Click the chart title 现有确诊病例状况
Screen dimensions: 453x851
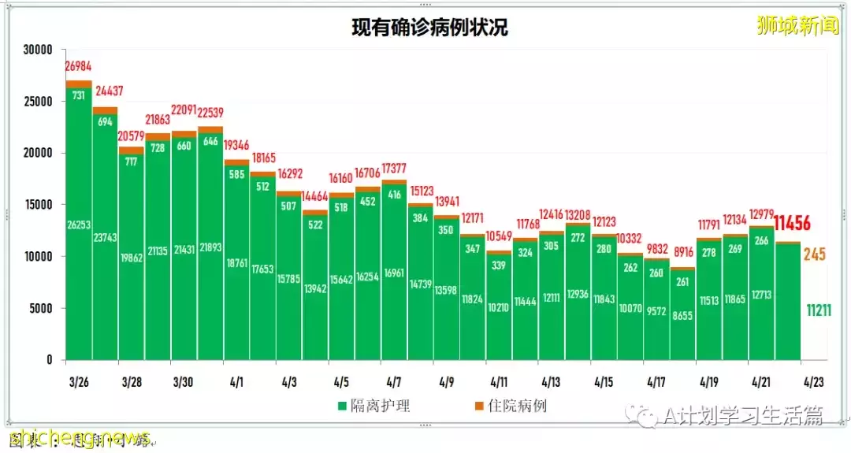(429, 28)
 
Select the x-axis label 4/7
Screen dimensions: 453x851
(393, 382)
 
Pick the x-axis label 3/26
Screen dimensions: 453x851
(78, 382)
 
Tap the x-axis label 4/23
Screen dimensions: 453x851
(813, 382)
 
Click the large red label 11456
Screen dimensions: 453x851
(793, 224)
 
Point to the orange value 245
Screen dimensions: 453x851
(814, 254)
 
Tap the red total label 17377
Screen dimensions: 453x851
(394, 169)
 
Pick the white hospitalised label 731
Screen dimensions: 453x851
(80, 95)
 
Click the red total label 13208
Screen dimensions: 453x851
(577, 214)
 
